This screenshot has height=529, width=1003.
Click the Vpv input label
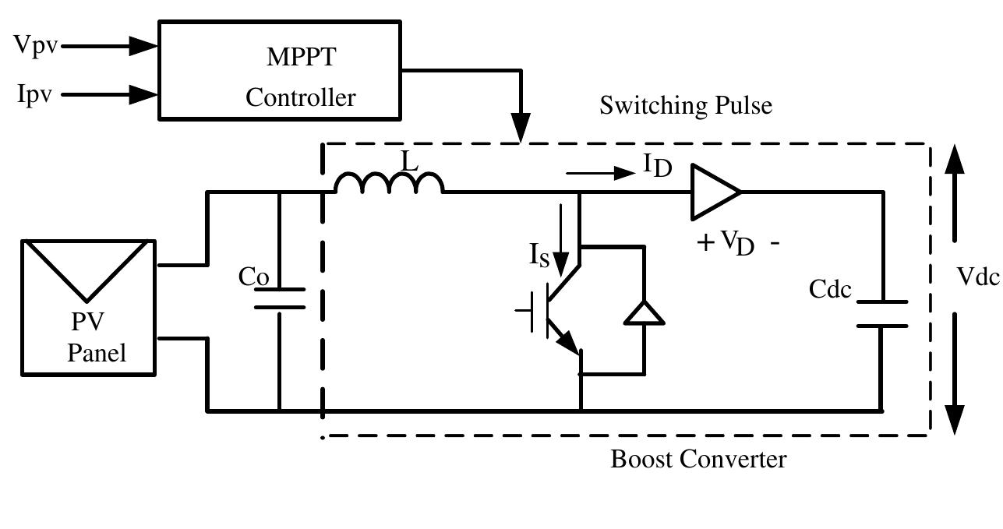tap(35, 45)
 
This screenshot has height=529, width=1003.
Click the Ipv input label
tap(35, 95)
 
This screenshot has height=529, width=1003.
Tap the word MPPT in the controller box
tap(301, 58)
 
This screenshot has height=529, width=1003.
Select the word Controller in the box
tap(301, 98)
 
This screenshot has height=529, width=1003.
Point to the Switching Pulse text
tap(686, 105)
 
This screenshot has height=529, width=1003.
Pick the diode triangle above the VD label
tap(712, 191)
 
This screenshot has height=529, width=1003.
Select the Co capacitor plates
tap(280, 298)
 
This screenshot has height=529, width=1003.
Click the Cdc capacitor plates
tap(882, 314)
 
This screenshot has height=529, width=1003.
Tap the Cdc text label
tap(830, 289)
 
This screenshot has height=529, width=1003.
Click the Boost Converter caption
tap(698, 459)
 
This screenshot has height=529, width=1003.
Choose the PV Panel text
tap(95, 337)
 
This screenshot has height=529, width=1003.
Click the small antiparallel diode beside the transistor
tap(645, 312)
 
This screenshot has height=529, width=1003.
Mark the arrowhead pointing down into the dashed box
tap(521, 128)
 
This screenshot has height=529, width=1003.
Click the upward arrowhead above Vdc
tap(955, 160)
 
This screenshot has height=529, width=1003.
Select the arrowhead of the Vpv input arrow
tap(143, 46)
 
